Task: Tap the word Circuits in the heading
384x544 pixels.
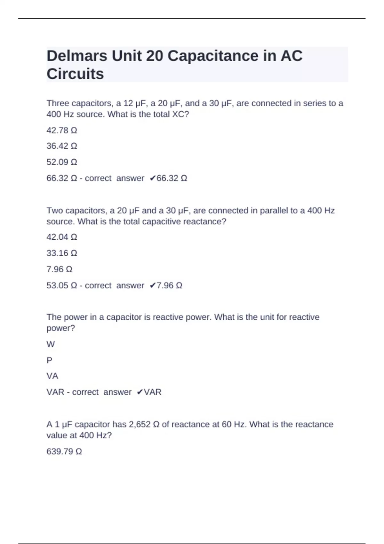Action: coord(75,74)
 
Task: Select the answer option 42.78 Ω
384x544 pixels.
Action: coord(62,130)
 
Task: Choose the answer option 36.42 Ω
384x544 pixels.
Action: coord(62,146)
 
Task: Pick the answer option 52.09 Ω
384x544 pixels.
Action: coord(62,162)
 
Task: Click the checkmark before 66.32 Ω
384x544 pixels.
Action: coord(152,178)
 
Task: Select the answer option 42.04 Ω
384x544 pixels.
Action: coord(62,237)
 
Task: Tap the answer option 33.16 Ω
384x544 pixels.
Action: coord(62,253)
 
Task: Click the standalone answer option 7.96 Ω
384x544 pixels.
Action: coord(59,269)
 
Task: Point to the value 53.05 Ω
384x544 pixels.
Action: coord(62,285)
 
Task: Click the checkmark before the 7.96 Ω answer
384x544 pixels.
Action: coord(152,285)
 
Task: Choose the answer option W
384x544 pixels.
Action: coord(51,344)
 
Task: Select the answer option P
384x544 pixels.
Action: coord(49,360)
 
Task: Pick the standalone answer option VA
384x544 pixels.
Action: coord(52,376)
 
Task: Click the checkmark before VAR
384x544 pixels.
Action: coord(140,392)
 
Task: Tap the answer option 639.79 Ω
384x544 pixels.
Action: coord(64,452)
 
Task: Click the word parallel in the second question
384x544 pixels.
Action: coord(274,211)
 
